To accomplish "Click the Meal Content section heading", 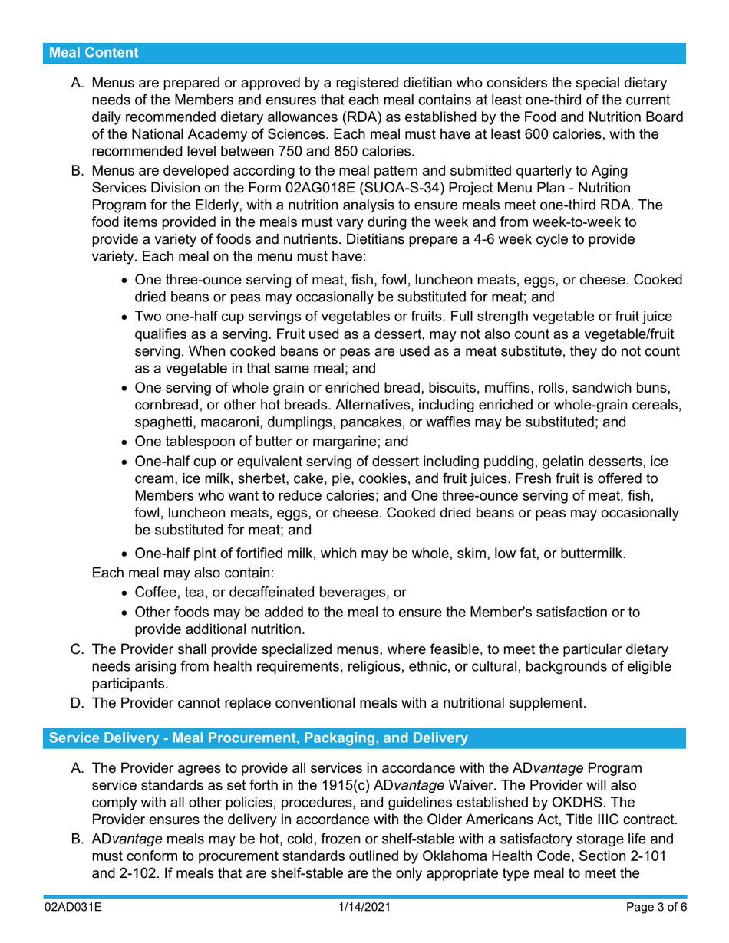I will click(x=94, y=53).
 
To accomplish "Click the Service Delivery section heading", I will click(x=258, y=738).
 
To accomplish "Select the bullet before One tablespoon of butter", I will click(x=126, y=441).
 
